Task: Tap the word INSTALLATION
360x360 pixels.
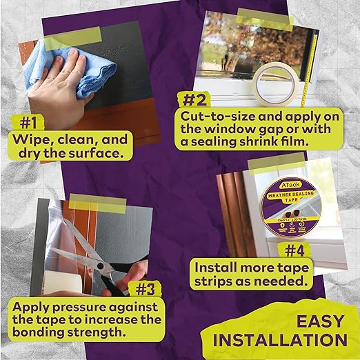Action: [279, 340]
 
